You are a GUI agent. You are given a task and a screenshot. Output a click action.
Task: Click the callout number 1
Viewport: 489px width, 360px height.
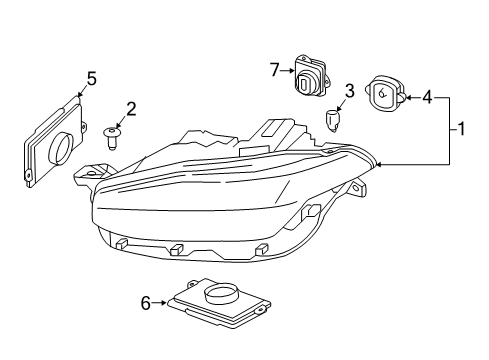coord(461,129)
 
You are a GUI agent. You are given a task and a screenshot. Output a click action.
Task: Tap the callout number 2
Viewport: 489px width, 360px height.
coord(130,108)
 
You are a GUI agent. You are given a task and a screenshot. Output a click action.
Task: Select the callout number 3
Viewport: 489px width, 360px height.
coord(348,93)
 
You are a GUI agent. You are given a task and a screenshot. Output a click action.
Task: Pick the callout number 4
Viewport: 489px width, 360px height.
coord(426,97)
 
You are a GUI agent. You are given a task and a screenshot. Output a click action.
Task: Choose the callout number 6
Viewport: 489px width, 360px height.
coord(146,301)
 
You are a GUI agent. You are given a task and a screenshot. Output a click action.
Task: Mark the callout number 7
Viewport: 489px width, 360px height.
coord(274,69)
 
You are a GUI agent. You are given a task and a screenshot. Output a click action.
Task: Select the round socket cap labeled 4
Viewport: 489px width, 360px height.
coord(386,94)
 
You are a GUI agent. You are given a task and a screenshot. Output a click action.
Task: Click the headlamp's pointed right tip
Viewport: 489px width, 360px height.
coord(377,163)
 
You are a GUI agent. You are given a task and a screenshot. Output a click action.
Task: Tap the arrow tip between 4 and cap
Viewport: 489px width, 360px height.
coord(407,97)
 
